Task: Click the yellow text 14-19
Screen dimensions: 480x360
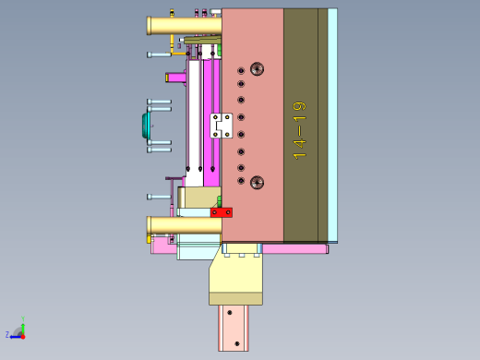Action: coord(299,131)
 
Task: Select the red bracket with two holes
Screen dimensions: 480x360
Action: coord(222,212)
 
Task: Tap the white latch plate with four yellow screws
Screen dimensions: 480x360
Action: coord(222,126)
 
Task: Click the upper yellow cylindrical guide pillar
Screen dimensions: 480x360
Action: coord(184,26)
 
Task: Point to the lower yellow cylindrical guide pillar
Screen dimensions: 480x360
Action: coord(184,225)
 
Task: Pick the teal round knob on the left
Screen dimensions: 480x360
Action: coord(146,126)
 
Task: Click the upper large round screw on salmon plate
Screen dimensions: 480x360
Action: coord(257,69)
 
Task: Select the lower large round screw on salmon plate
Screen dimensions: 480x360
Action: coord(257,183)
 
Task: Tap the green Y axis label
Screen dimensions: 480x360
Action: coord(23,318)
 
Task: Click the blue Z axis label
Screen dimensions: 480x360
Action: coord(7,334)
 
